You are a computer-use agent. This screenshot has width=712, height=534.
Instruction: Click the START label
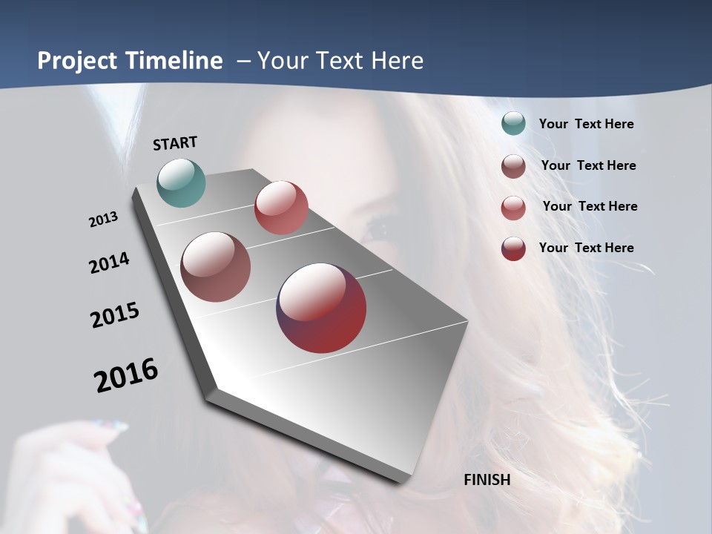(x=175, y=143)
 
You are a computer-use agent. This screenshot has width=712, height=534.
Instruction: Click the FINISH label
(x=487, y=480)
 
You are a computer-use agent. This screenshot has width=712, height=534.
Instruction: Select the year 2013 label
(x=103, y=220)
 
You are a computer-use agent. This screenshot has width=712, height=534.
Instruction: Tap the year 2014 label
(x=109, y=263)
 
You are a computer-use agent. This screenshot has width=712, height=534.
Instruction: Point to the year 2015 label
(x=115, y=315)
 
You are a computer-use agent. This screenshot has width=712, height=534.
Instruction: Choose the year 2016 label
(x=126, y=375)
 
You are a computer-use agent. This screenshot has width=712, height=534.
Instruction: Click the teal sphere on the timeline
(x=181, y=182)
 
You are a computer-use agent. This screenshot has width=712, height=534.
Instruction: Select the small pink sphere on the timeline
(x=281, y=208)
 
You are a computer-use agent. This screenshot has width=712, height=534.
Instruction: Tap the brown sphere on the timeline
(x=215, y=267)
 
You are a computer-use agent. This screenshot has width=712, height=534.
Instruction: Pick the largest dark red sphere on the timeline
(x=321, y=308)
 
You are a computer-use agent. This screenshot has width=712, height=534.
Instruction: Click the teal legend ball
(x=513, y=124)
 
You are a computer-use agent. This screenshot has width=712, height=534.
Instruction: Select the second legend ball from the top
(x=513, y=166)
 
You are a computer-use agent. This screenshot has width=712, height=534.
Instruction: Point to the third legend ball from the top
(x=513, y=207)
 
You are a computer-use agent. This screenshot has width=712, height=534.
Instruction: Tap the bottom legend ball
(x=513, y=248)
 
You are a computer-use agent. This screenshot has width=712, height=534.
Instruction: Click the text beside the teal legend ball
(x=586, y=125)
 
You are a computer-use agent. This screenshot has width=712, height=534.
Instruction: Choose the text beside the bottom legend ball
(x=586, y=248)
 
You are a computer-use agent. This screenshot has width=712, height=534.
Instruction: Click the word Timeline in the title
(x=174, y=61)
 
